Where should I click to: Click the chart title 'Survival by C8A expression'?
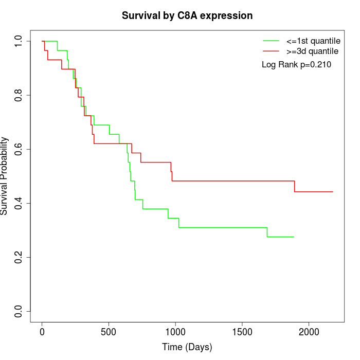[x=187, y=15]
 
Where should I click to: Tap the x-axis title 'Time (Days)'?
[x=187, y=347]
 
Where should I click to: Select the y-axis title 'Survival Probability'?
[x=5, y=176]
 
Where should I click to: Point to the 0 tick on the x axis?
[x=42, y=332]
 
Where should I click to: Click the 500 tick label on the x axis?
[x=109, y=332]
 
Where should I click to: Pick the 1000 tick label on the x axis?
[x=175, y=332]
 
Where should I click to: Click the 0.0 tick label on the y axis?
[x=19, y=311]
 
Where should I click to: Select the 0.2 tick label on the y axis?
[x=19, y=257]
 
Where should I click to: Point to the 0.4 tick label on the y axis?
[x=19, y=203]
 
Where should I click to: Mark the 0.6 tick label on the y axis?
[x=19, y=149]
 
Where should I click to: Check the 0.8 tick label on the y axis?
[x=19, y=95]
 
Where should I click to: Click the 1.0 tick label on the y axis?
[x=19, y=41]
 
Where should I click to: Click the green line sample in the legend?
[x=271, y=41]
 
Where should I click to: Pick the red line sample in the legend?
[x=271, y=51]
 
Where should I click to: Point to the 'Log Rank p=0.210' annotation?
[x=296, y=65]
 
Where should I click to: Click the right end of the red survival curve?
[x=333, y=192]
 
